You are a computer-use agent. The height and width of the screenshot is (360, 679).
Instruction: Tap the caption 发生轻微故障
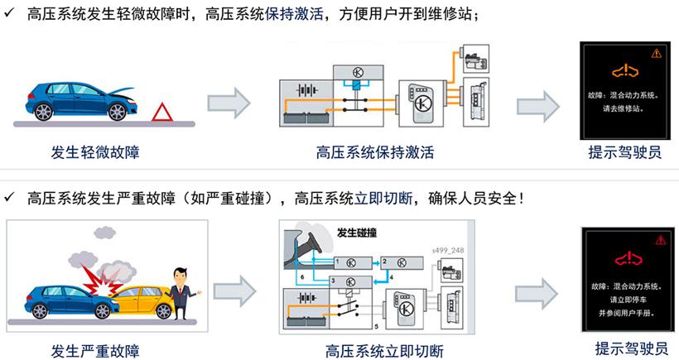pyautogui.click(x=95, y=151)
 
